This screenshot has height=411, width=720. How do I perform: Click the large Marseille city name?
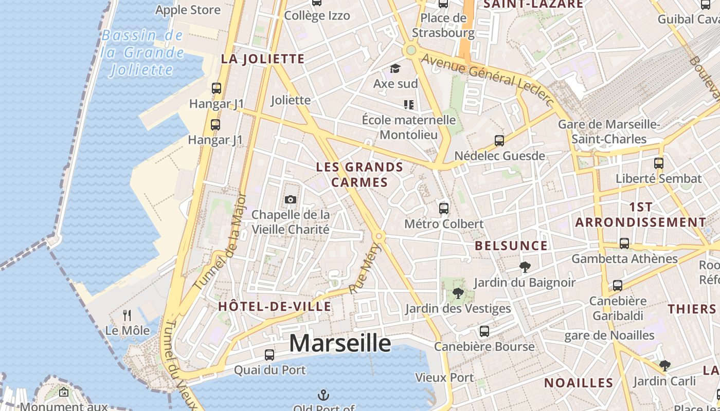click(x=340, y=343)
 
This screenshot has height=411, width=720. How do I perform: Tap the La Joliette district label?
click(x=263, y=59)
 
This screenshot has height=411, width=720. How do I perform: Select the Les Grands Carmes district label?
click(x=359, y=175)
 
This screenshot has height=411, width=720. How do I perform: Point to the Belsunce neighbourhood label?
click(x=511, y=246)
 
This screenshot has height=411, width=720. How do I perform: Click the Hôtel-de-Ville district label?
click(x=275, y=307)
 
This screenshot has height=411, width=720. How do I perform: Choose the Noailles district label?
click(x=579, y=383)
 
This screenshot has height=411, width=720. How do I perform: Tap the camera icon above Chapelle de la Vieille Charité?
click(x=291, y=199)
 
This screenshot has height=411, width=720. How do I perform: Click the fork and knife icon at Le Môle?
click(x=127, y=315)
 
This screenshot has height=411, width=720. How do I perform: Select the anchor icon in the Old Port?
click(x=323, y=395)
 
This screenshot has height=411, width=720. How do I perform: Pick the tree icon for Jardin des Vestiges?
click(x=458, y=293)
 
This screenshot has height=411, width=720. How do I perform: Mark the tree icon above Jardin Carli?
click(x=664, y=366)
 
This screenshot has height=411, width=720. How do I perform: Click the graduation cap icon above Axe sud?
click(x=395, y=69)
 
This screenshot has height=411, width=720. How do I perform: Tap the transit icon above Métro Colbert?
click(x=444, y=208)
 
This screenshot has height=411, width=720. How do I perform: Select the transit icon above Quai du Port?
click(x=269, y=354)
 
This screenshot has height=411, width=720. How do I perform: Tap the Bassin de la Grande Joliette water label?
click(x=142, y=52)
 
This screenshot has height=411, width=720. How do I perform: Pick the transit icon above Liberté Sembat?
click(x=659, y=163)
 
